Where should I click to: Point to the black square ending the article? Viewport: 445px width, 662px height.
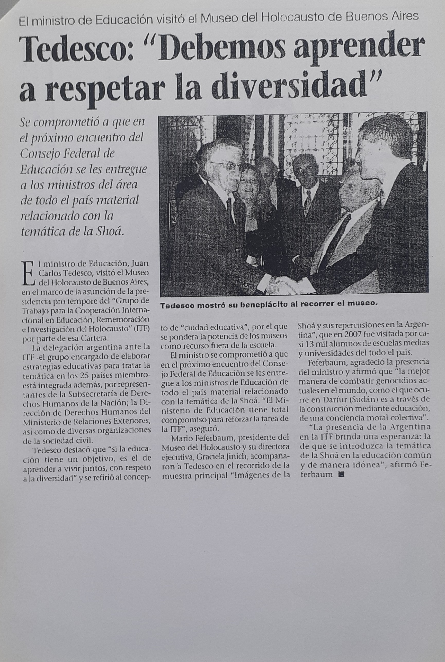(341, 474)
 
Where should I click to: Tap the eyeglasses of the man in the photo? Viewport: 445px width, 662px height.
(226, 166)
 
